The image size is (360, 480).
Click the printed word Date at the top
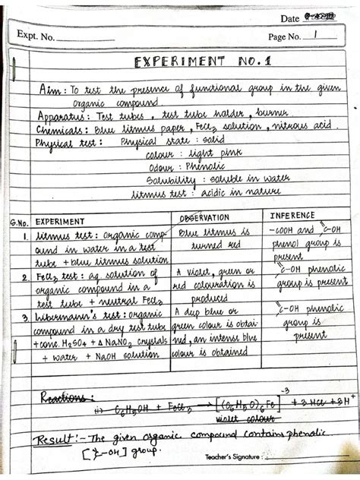289,18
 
